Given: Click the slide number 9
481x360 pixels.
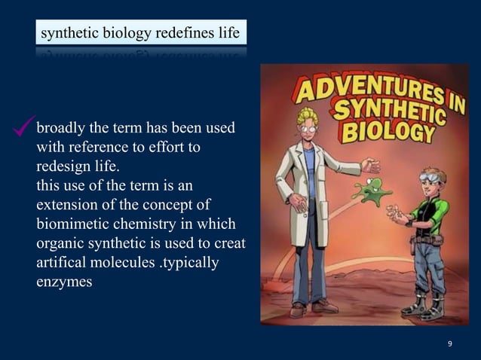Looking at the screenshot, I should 449,344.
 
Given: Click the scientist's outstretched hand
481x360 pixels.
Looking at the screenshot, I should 369,163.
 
